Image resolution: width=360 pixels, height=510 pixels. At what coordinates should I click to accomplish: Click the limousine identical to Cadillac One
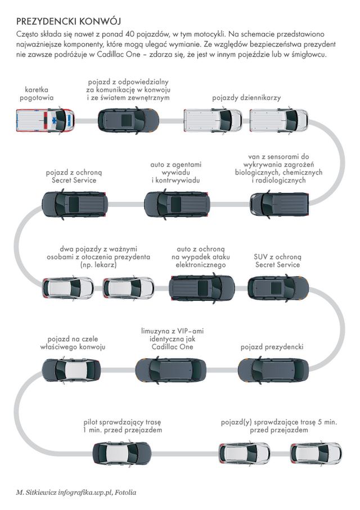tap(170, 370)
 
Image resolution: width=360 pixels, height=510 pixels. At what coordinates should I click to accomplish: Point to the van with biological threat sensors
tap(280, 204)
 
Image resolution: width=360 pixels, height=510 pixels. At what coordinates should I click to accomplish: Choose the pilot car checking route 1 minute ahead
tap(121, 453)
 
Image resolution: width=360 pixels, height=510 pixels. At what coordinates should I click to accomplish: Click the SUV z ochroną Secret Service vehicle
tap(278, 287)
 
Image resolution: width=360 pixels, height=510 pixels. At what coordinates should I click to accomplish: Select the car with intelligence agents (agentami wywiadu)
tap(177, 204)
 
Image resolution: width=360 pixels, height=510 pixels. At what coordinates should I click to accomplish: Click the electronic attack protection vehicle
tap(201, 287)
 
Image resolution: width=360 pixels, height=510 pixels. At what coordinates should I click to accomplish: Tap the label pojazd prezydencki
tap(272, 347)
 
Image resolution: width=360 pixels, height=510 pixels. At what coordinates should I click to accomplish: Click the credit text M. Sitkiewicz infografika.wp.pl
tap(76, 493)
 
